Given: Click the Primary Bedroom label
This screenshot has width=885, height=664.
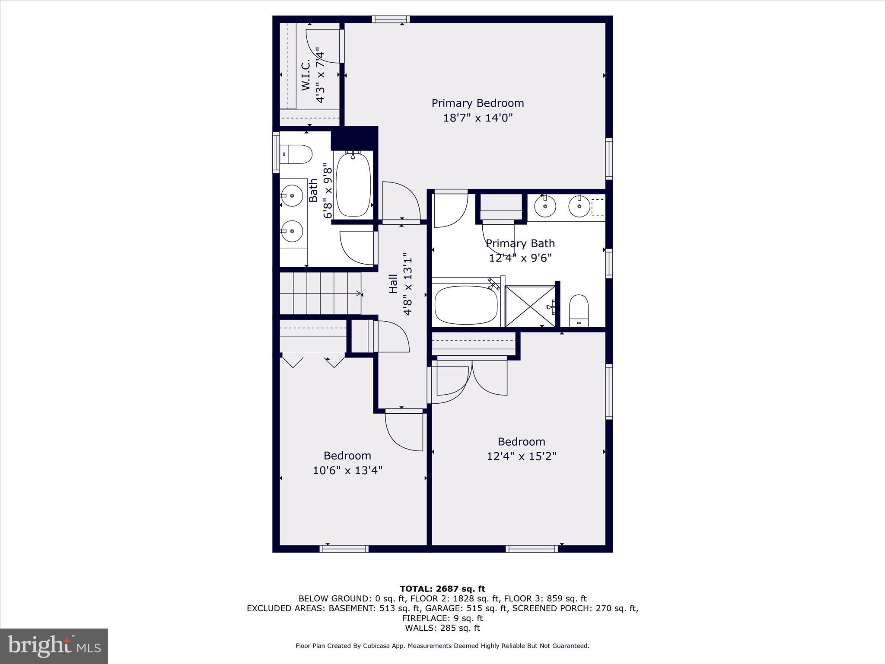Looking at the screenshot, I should coord(478,103).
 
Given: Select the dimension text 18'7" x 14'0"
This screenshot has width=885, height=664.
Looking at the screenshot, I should coord(478,118).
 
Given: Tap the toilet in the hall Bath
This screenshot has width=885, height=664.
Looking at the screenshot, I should coord(296,154).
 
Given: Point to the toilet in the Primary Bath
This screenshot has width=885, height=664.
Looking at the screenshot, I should coord(579,310).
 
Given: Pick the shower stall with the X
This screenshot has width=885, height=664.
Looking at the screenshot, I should coord(530,306).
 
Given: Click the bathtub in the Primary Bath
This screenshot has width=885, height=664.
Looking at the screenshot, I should coord(466,305).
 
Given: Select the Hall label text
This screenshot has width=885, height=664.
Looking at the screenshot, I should coord(393,284).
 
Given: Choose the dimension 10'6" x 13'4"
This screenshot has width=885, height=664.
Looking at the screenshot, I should coord(347,470).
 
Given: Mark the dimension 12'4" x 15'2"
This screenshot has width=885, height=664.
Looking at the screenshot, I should coord(521,456).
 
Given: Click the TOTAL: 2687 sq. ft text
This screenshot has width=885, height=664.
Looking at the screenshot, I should coord(442,589).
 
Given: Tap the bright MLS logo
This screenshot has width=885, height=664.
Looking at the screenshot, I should coord(54,646).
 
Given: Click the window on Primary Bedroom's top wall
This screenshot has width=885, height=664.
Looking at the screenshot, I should coord(391,19).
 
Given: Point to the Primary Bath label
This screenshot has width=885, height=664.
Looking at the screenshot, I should coord(520,243).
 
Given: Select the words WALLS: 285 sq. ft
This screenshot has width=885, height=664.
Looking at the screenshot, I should coord(442,628).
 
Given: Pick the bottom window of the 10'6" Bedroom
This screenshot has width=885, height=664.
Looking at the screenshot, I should coord(344,549).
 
